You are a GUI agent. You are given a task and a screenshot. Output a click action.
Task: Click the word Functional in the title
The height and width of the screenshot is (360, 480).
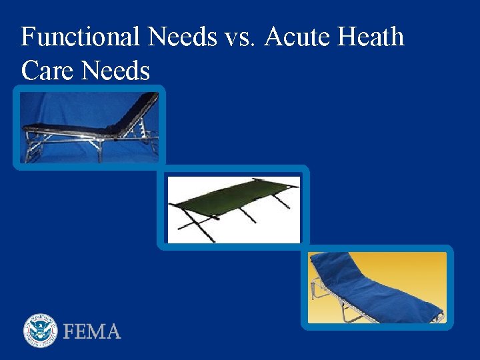coord(80,37)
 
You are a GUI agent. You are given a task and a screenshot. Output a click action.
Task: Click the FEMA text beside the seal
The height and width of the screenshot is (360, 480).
coord(92,331)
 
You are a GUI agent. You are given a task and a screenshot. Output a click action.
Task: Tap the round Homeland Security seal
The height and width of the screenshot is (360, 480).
coord(41,331)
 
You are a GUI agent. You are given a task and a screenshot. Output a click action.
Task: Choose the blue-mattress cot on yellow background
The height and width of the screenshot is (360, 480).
coord(377,287)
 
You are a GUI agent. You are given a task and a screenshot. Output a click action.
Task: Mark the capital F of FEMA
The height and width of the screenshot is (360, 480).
coord(69,331)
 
